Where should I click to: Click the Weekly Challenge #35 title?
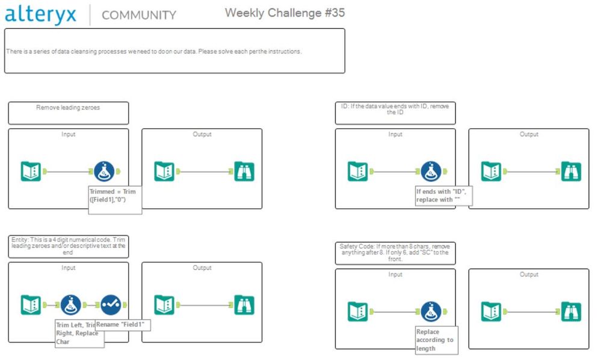[285, 13]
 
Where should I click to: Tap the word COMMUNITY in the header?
[139, 15]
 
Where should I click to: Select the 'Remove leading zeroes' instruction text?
[68, 108]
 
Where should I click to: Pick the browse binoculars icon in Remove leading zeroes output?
[244, 172]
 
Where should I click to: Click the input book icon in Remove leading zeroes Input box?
[31, 172]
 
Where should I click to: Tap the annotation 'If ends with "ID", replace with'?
[442, 195]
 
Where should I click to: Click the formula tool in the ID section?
[431, 172]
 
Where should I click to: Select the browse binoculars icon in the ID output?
[571, 172]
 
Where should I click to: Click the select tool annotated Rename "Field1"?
[111, 305]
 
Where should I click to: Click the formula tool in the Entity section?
[71, 305]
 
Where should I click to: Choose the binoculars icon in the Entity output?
[244, 305]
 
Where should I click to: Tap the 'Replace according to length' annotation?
[436, 340]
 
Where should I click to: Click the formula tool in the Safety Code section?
[431, 311]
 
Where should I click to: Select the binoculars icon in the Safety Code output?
[571, 311]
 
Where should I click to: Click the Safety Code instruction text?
[395, 252]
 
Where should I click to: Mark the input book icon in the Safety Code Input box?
[358, 311]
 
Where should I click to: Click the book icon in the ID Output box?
[491, 172]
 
